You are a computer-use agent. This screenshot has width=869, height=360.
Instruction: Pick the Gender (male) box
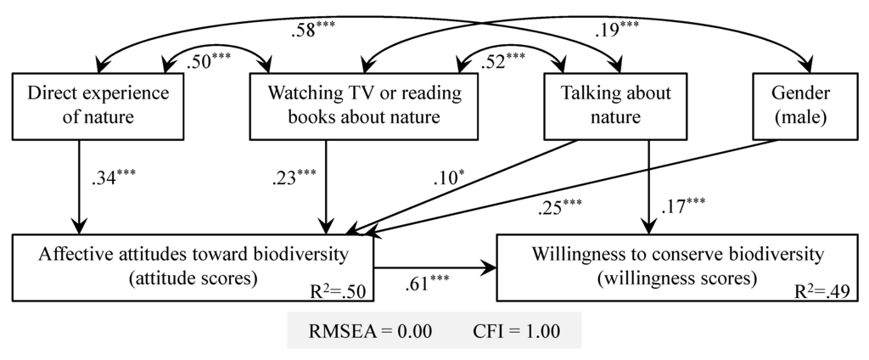801,104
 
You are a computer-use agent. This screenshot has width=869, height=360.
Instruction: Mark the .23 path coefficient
294,180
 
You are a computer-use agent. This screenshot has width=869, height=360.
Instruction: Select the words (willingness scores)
675,277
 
